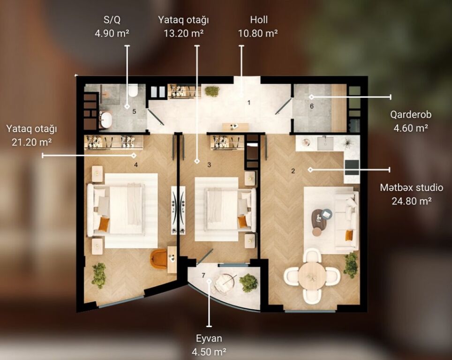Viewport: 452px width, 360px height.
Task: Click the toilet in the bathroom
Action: click(133, 90)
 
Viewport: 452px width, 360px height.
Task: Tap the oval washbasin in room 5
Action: click(106, 120)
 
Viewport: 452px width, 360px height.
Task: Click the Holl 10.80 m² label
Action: click(258, 27)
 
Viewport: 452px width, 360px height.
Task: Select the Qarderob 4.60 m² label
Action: click(411, 121)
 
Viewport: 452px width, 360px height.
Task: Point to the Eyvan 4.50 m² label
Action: click(209, 345)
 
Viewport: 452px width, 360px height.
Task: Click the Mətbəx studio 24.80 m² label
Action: click(411, 194)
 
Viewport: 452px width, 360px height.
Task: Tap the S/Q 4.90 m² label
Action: click(112, 27)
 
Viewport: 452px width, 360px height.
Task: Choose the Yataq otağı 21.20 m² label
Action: click(32, 135)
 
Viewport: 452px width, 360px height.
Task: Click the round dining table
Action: click(312, 276)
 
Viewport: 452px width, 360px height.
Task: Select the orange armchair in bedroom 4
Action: click(159, 259)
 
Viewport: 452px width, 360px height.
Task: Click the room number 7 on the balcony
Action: click(203, 276)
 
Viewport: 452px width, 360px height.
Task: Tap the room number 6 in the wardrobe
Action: click(312, 106)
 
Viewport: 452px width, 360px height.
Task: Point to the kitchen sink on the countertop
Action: click(325, 143)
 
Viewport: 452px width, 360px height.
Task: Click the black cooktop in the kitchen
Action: click(352, 168)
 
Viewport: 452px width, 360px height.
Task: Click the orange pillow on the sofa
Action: click(349, 235)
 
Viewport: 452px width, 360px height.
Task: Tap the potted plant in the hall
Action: click(212, 91)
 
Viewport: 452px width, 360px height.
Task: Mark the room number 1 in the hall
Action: click(249, 103)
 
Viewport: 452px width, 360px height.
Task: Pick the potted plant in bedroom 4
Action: click(99, 275)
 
